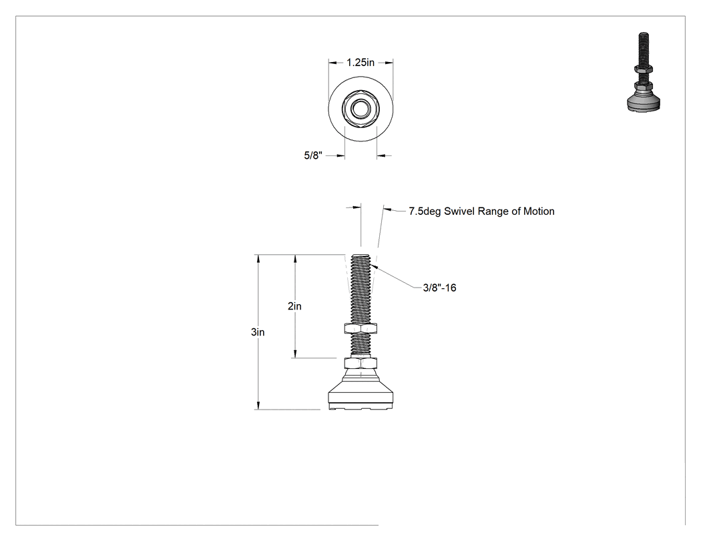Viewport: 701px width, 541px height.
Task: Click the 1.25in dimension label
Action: (361, 63)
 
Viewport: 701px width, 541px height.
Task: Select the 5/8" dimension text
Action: (313, 155)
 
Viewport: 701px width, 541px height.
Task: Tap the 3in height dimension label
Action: (258, 332)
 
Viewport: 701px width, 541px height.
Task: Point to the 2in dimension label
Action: (294, 306)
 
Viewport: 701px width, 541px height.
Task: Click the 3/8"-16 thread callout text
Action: (439, 288)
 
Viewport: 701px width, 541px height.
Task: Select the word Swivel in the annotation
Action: (459, 211)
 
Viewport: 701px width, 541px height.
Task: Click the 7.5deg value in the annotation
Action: (425, 211)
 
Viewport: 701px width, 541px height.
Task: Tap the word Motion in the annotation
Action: (539, 211)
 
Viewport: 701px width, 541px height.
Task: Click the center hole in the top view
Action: (361, 109)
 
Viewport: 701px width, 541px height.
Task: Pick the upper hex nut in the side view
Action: (361, 328)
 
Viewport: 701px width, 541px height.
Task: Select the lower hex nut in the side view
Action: (361, 363)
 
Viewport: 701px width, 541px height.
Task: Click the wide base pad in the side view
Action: (361, 396)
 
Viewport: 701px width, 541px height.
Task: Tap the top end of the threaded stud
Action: (361, 255)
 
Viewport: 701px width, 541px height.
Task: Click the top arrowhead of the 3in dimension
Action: (258, 258)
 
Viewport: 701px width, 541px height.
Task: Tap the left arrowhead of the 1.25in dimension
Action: (332, 63)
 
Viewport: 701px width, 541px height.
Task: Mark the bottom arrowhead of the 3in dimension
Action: (258, 406)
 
